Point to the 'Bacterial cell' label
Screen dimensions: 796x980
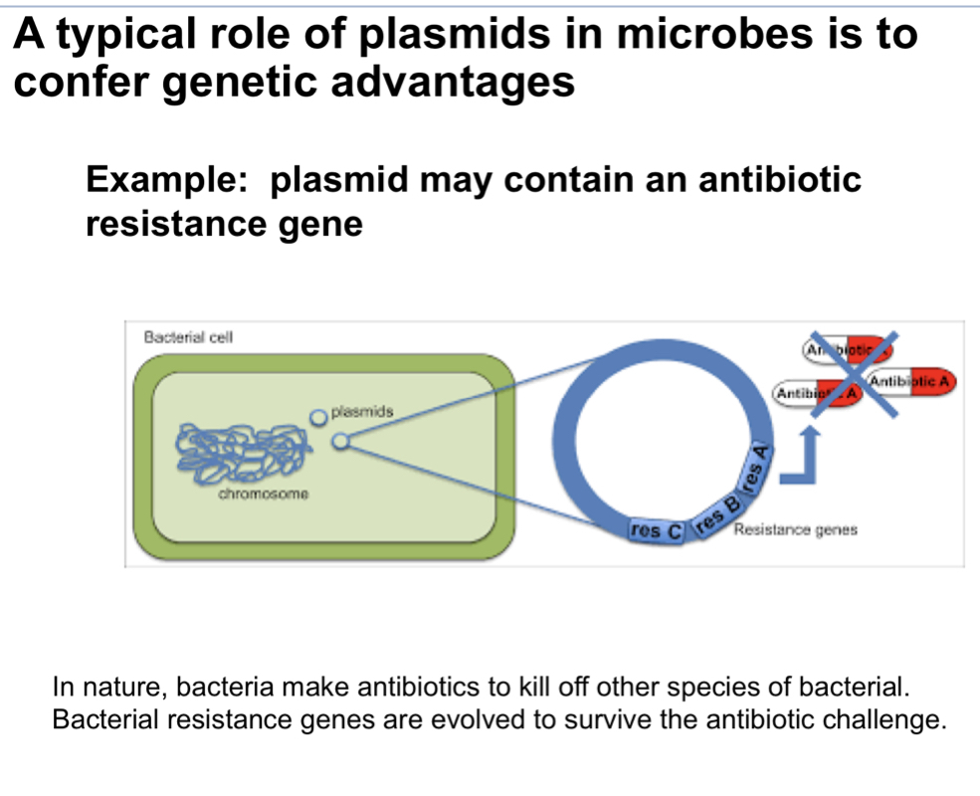coord(188,336)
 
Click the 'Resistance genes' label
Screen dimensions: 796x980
coord(794,530)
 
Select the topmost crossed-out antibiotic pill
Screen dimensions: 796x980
coord(846,348)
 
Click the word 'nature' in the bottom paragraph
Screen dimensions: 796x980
coord(149,688)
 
